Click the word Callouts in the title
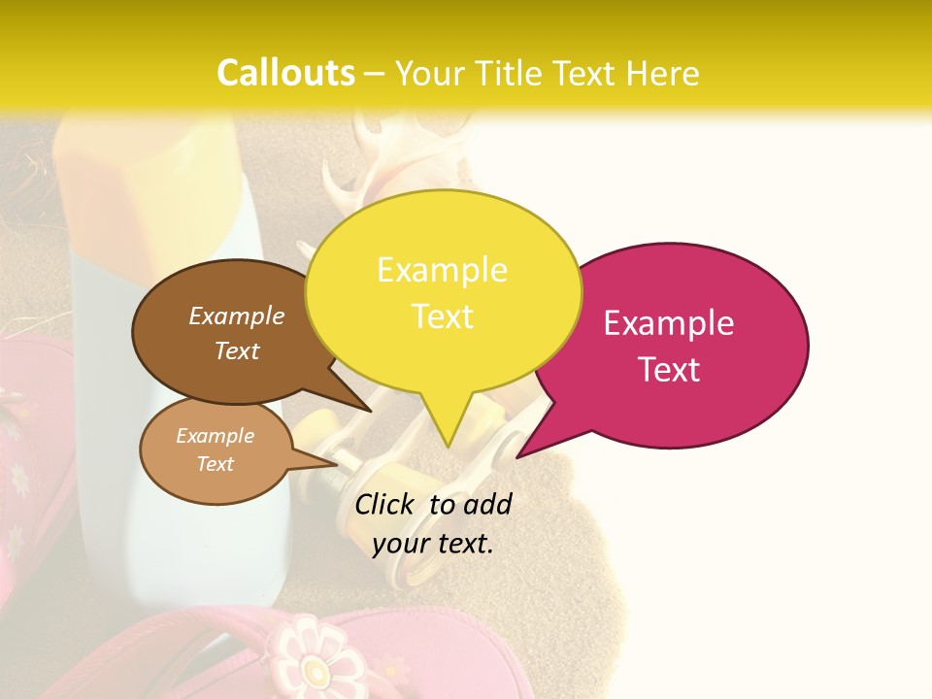click(x=285, y=73)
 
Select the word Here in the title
click(x=663, y=74)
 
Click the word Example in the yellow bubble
click(x=442, y=270)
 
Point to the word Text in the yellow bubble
click(x=442, y=316)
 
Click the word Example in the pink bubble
click(x=669, y=323)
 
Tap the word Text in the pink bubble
click(x=669, y=370)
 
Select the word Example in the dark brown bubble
click(x=237, y=316)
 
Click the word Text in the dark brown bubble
click(x=237, y=350)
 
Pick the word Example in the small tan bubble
click(x=216, y=436)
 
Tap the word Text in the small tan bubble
click(x=216, y=464)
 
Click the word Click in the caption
click(x=385, y=504)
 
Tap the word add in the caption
click(x=487, y=504)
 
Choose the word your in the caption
click(x=400, y=544)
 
